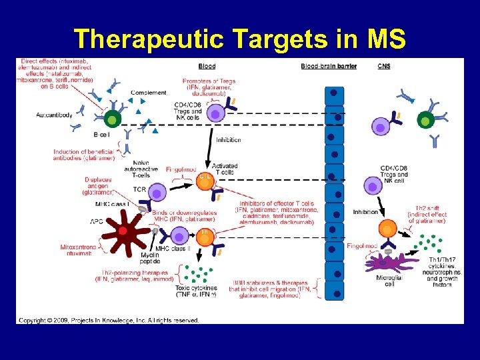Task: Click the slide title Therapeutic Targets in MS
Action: click(239, 39)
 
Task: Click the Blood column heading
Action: click(207, 66)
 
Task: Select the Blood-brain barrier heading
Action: click(329, 66)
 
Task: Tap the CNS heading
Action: click(384, 66)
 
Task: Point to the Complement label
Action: click(149, 93)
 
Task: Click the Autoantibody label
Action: click(55, 115)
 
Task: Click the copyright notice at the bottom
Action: click(109, 320)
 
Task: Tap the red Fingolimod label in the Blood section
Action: click(182, 170)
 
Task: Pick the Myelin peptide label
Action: click(151, 257)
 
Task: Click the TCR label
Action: click(139, 189)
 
